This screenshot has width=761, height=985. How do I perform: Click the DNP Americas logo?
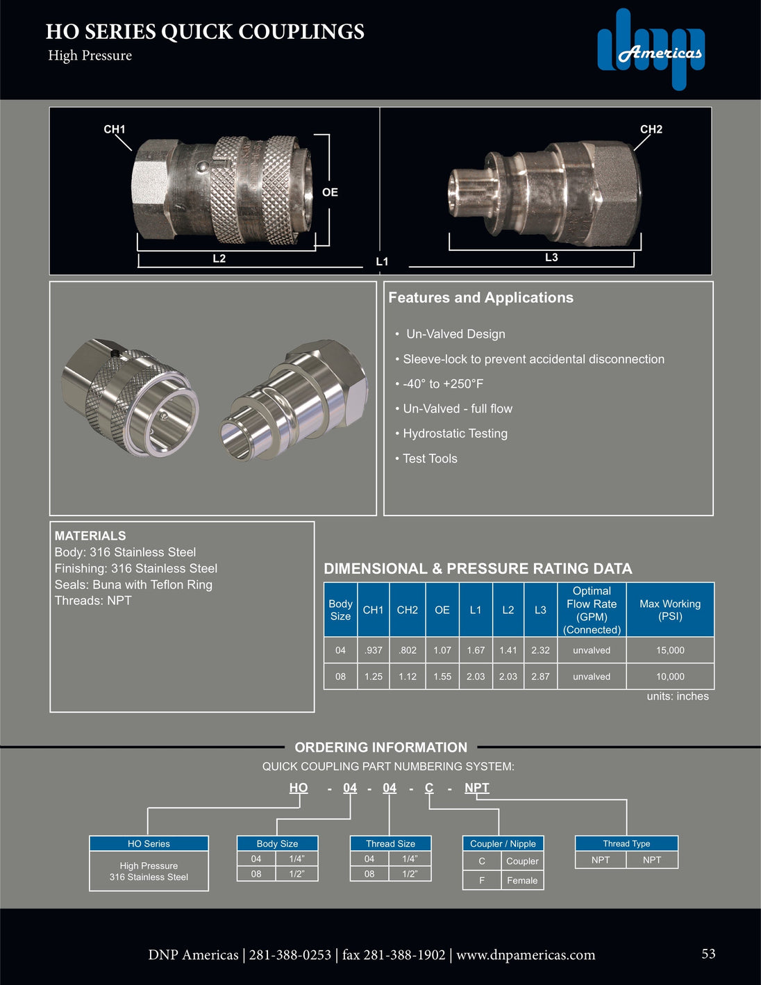pyautogui.click(x=651, y=49)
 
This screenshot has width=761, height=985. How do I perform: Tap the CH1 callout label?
pyautogui.click(x=114, y=129)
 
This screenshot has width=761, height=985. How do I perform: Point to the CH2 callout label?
pyautogui.click(x=651, y=129)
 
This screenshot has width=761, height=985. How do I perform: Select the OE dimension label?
pyautogui.click(x=330, y=192)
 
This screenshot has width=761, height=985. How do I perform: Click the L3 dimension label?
pyautogui.click(x=551, y=258)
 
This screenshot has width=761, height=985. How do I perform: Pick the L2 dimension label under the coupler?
pyautogui.click(x=219, y=258)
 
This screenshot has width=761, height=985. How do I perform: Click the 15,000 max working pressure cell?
pyautogui.click(x=670, y=650)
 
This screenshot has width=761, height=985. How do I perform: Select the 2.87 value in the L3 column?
pyautogui.click(x=540, y=677)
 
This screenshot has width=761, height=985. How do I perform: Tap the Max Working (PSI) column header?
pyautogui.click(x=670, y=610)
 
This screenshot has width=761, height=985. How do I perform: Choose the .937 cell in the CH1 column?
pyautogui.click(x=374, y=650)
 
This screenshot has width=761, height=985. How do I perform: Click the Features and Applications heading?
pyautogui.click(x=480, y=298)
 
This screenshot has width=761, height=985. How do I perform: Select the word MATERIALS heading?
pyautogui.click(x=90, y=536)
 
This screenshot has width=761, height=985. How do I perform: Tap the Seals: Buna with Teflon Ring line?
pyautogui.click(x=133, y=585)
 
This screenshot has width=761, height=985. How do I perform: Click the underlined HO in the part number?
pyautogui.click(x=299, y=788)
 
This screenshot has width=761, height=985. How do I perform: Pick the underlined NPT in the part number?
pyautogui.click(x=476, y=788)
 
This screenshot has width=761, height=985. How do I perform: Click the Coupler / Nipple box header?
pyautogui.click(x=503, y=843)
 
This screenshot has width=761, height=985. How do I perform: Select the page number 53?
pyautogui.click(x=708, y=954)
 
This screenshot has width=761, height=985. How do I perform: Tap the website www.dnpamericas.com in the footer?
pyautogui.click(x=526, y=955)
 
